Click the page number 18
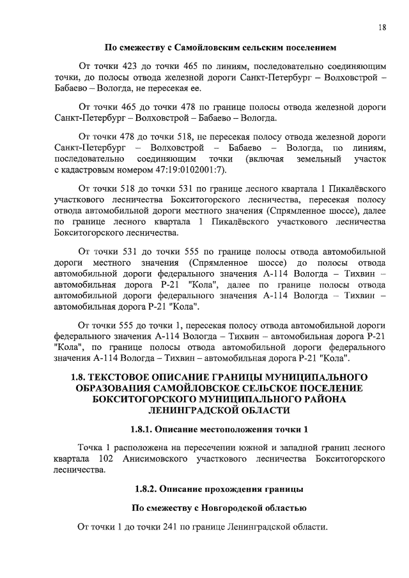(x=382, y=27)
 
